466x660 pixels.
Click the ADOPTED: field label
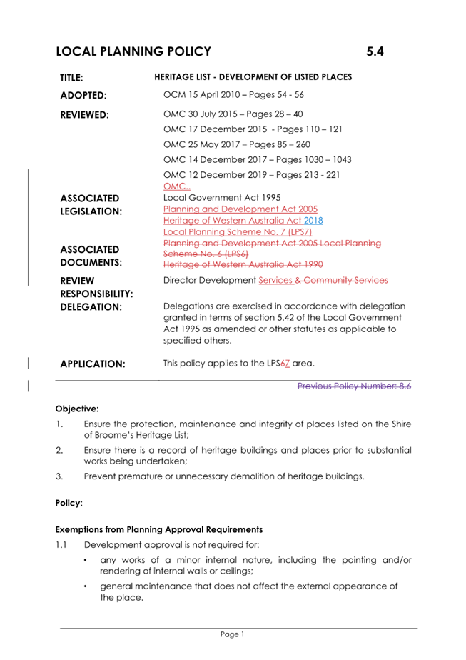(83, 95)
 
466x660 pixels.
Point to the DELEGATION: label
(91, 307)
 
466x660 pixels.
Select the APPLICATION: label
(93, 364)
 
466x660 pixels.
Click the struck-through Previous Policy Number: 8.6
(354, 386)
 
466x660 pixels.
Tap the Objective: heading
(77, 409)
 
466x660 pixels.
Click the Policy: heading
(69, 503)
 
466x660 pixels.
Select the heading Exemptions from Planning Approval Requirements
(159, 530)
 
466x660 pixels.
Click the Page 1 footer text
(233, 634)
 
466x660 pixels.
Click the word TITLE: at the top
(71, 77)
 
